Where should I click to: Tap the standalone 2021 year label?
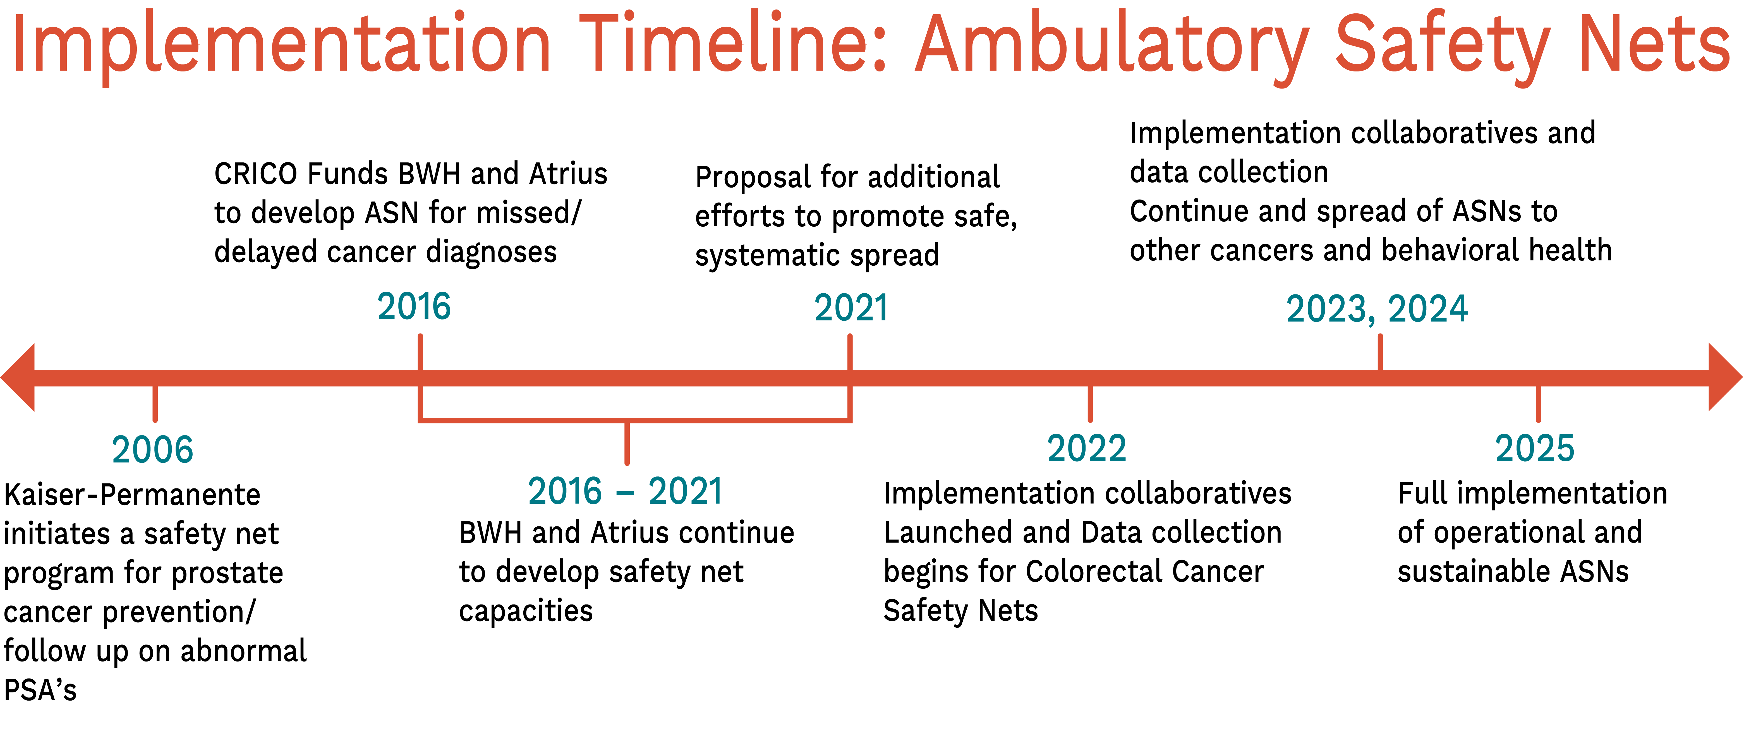point(851,308)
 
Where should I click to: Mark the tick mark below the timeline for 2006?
point(155,403)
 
